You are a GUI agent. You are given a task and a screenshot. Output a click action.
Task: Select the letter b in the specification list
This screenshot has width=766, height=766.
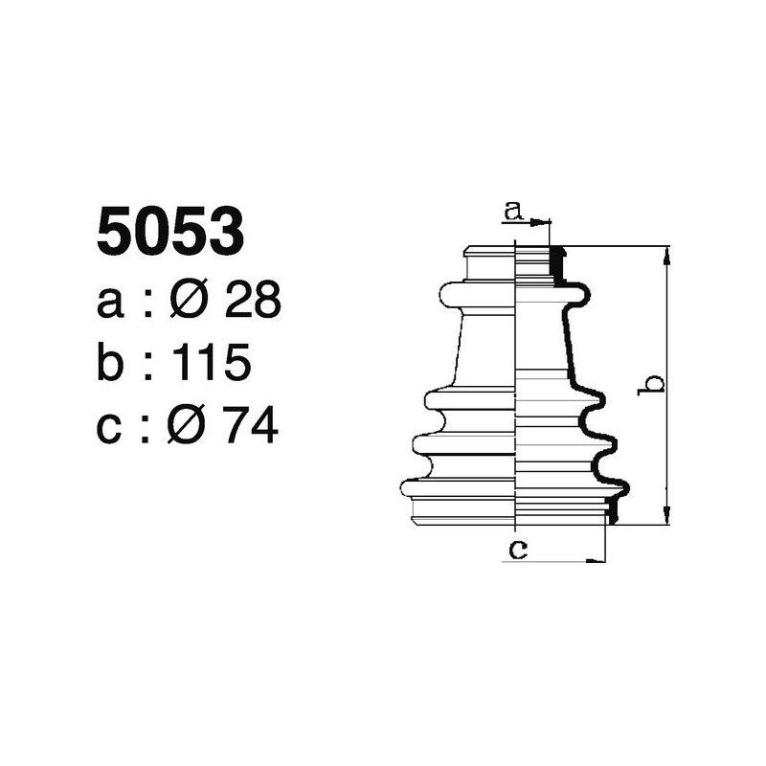tap(112, 364)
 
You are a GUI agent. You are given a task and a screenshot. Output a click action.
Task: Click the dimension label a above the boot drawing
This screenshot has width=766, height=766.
tap(514, 211)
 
